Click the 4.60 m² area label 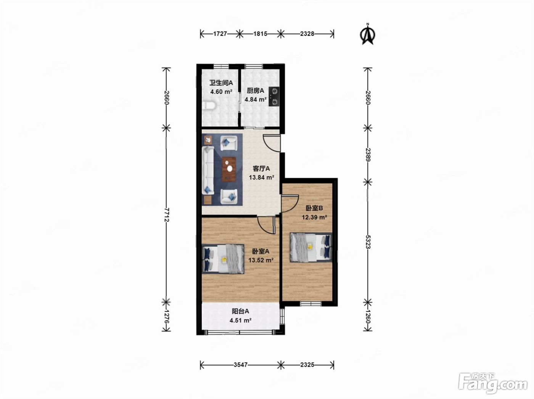pyautogui.click(x=221, y=92)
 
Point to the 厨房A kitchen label pyautogui.click(x=256, y=91)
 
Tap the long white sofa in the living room pyautogui.click(x=208, y=170)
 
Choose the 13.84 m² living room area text pyautogui.click(x=262, y=177)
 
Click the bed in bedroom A pyautogui.click(x=223, y=259)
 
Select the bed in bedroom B pyautogui.click(x=311, y=248)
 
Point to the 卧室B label pyautogui.click(x=314, y=208)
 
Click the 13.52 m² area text pyautogui.click(x=261, y=260)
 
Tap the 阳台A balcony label pyautogui.click(x=240, y=311)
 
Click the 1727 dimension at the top pyautogui.click(x=220, y=34)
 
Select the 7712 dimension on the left pyautogui.click(x=166, y=215)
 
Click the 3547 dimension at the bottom pyautogui.click(x=241, y=365)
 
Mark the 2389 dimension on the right pyautogui.click(x=368, y=155)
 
